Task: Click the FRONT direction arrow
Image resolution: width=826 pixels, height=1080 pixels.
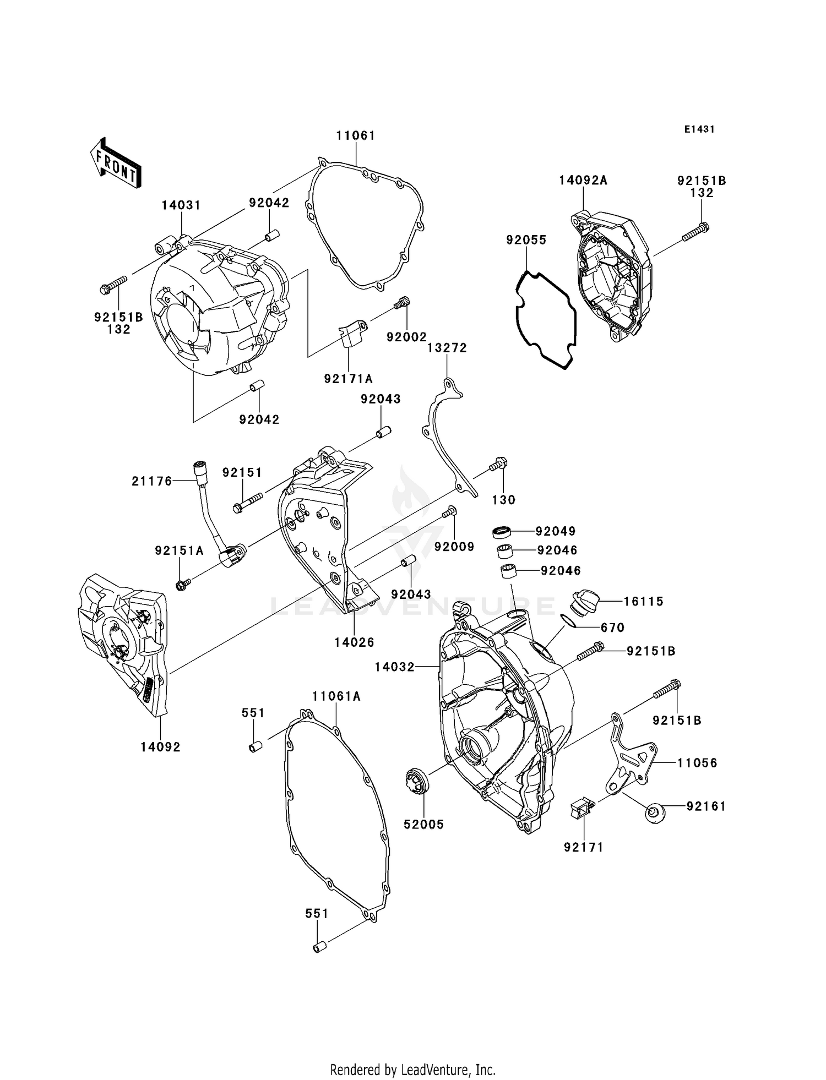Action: click(116, 163)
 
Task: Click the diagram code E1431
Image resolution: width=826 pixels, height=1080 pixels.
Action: click(699, 129)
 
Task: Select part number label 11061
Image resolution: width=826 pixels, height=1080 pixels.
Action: click(356, 135)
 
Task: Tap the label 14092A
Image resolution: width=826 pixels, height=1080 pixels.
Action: click(583, 181)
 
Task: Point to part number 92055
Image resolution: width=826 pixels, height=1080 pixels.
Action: click(526, 240)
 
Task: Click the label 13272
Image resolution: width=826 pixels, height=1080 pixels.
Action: click(447, 348)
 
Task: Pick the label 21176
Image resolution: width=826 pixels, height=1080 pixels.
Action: click(152, 481)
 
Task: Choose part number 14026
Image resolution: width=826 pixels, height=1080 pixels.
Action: click(354, 642)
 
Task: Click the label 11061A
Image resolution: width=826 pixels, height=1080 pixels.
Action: click(336, 696)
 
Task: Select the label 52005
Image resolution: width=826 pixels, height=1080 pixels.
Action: click(424, 825)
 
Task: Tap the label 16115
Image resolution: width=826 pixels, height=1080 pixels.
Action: click(643, 601)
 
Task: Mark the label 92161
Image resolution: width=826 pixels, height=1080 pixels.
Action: click(706, 806)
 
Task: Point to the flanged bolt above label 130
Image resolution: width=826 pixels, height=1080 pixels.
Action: click(498, 465)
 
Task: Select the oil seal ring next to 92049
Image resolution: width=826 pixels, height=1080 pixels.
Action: click(502, 531)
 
